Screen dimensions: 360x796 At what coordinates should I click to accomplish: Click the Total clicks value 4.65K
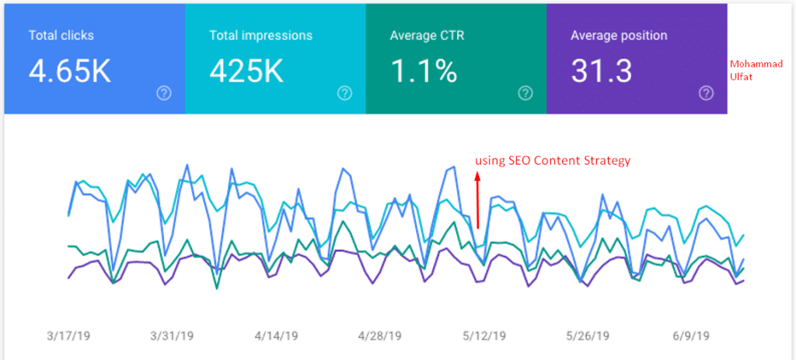(70, 71)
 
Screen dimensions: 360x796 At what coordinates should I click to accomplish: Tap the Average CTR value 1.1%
(423, 71)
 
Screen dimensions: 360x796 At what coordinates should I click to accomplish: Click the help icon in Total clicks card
(163, 93)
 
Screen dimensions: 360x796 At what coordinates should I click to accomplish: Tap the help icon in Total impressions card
(344, 93)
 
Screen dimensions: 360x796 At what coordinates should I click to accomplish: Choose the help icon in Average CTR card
(525, 93)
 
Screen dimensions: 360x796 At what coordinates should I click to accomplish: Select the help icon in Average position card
(706, 93)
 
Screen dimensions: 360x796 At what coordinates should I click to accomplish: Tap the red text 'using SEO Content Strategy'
(552, 160)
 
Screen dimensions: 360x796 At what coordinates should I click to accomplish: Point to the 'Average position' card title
(619, 36)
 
